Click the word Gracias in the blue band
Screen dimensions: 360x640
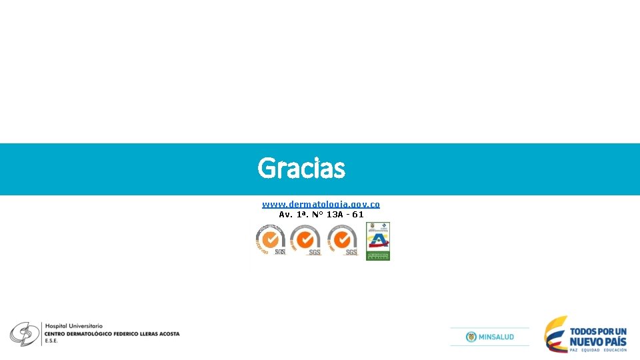tap(301, 169)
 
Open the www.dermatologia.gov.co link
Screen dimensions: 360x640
tap(321, 204)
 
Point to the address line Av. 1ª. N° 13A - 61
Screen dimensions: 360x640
tap(321, 215)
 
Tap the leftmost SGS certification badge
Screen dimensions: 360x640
tap(271, 240)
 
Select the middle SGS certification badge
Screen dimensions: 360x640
tap(305, 240)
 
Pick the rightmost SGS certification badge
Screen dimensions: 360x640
tap(343, 240)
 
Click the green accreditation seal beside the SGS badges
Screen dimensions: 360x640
tap(378, 241)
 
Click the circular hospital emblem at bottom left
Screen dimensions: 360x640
tap(24, 333)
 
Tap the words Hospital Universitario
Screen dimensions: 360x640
tap(74, 325)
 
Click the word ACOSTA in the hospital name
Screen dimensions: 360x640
tap(169, 333)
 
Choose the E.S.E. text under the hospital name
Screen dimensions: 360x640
tap(51, 341)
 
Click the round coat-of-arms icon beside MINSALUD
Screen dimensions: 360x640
tap(471, 337)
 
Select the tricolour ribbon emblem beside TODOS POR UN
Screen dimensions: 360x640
tap(555, 333)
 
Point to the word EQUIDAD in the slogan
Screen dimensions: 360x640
tap(589, 350)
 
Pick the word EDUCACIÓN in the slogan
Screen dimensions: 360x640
tap(615, 350)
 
